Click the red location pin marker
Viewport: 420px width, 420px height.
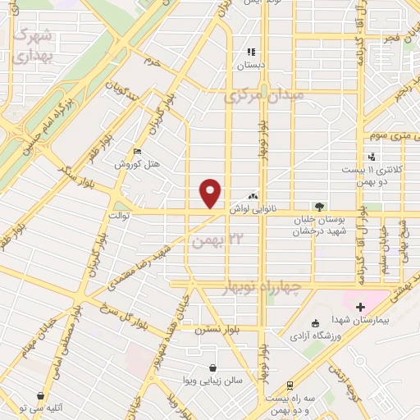click(211, 193)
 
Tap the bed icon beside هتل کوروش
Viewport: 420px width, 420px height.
click(137, 152)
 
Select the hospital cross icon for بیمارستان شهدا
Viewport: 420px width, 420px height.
click(360, 306)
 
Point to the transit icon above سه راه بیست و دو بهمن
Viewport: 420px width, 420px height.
click(290, 386)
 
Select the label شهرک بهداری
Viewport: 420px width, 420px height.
click(34, 48)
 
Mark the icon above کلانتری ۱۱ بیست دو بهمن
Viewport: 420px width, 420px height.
click(373, 157)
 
